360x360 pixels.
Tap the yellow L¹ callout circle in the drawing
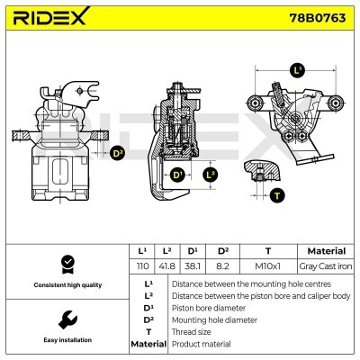298,69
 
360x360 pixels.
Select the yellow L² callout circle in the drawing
211,174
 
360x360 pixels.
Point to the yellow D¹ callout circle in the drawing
177,174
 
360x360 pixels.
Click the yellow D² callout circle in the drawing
116,154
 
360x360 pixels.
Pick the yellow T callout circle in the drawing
276,194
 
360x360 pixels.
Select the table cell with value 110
140,267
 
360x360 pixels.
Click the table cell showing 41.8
166,267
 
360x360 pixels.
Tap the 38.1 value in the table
193,267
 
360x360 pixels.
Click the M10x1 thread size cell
267,267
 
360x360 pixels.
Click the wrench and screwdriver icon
65,319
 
